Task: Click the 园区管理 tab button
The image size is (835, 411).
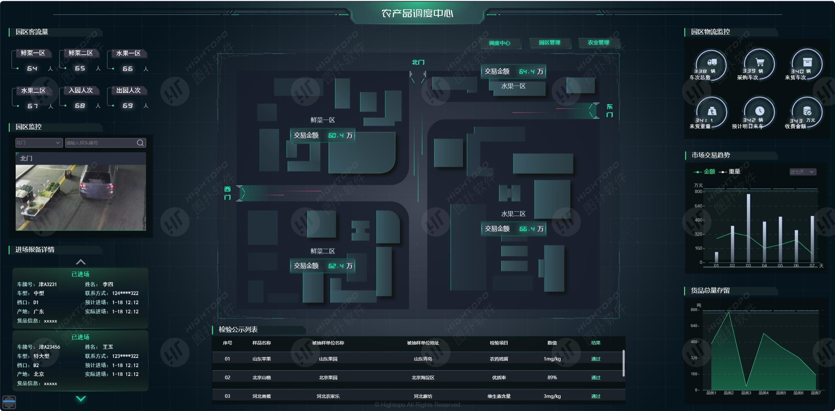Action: pyautogui.click(x=549, y=43)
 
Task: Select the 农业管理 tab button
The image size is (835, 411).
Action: pyautogui.click(x=598, y=43)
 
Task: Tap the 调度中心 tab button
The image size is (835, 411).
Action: pyautogui.click(x=499, y=43)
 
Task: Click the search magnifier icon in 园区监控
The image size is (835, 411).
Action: pyautogui.click(x=140, y=143)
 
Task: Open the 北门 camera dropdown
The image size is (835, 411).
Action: pyautogui.click(x=39, y=143)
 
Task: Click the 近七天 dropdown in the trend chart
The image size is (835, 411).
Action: pyautogui.click(x=803, y=172)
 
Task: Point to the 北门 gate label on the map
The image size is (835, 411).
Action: pyautogui.click(x=418, y=62)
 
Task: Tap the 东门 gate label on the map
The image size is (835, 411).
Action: pyautogui.click(x=609, y=111)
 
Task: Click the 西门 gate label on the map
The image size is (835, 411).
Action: pyautogui.click(x=227, y=193)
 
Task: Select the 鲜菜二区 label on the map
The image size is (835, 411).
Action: pyautogui.click(x=323, y=251)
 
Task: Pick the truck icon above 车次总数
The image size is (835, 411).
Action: pyautogui.click(x=712, y=62)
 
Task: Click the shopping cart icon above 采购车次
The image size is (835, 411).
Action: pyautogui.click(x=759, y=62)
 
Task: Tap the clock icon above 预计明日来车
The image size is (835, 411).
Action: pyautogui.click(x=759, y=111)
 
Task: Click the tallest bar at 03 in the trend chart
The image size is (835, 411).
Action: pyautogui.click(x=748, y=229)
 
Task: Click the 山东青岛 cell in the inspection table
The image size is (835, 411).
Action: pyautogui.click(x=423, y=359)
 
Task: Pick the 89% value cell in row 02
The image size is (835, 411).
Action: pyautogui.click(x=552, y=378)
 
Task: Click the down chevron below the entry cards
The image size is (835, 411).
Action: pyautogui.click(x=81, y=399)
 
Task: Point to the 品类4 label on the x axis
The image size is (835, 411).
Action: pyautogui.click(x=763, y=393)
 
